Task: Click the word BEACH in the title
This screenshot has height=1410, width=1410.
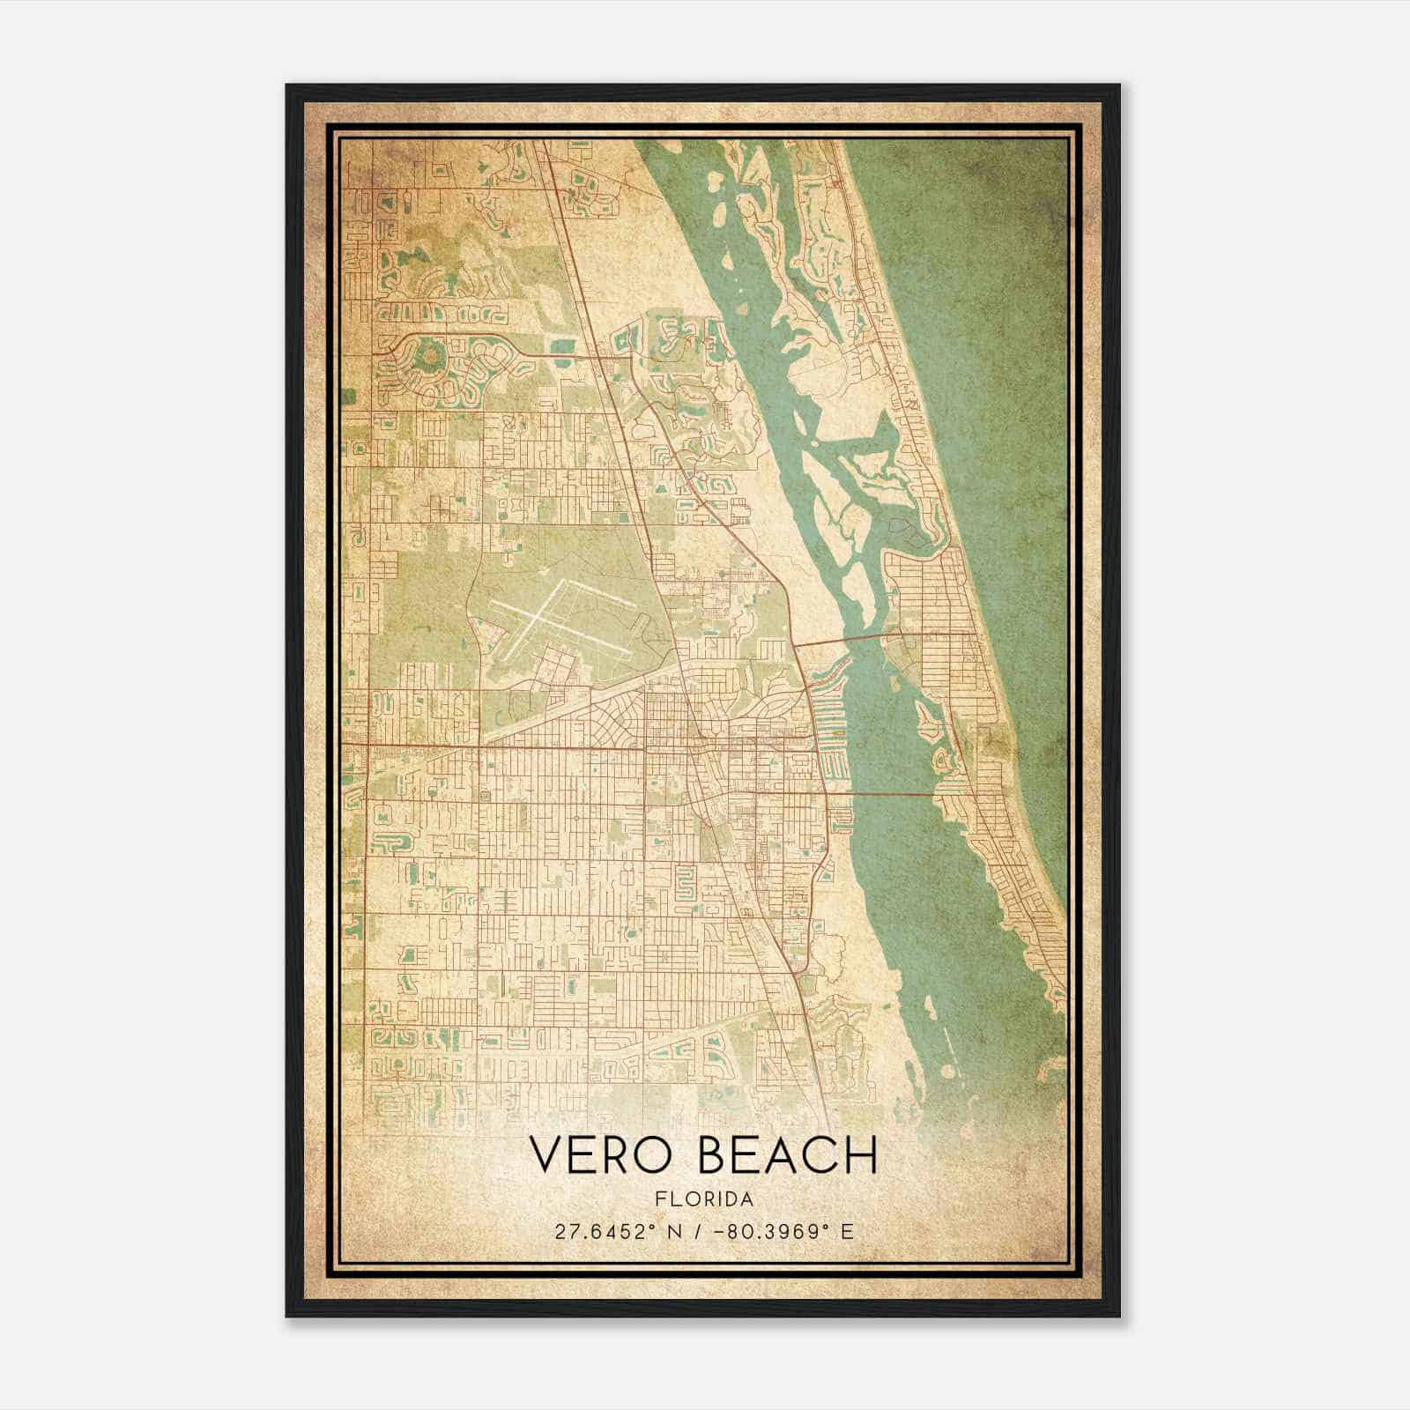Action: pos(788,1154)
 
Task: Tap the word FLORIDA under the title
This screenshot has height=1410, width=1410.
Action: pos(704,1199)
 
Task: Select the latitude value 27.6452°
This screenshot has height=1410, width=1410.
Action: pos(607,1232)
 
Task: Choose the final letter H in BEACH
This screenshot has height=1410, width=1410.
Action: pos(861,1154)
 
